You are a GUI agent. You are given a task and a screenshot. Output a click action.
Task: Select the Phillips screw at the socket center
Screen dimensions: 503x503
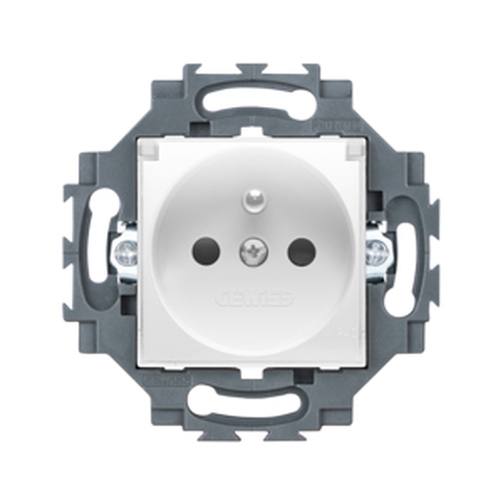coord(253,251)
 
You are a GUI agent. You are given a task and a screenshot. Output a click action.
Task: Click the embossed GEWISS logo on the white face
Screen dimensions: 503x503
coord(254,298)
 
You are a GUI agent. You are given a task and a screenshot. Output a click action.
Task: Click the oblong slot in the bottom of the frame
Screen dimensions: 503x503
coord(241,402)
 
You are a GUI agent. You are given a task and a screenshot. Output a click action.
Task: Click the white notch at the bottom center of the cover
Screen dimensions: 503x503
coord(251,373)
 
